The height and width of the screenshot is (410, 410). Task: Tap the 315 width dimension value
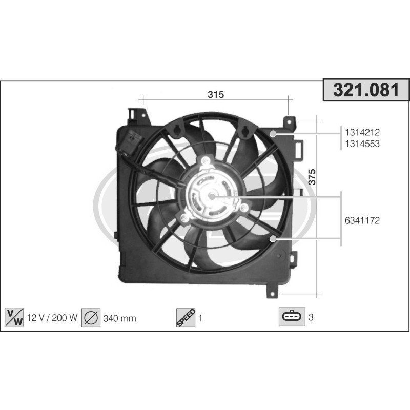(x=216, y=94)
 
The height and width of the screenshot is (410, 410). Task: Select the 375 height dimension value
(x=312, y=176)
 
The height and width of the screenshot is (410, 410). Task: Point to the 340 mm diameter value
(x=119, y=318)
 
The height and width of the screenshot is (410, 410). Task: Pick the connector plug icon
(x=292, y=317)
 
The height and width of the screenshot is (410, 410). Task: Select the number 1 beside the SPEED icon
(x=201, y=318)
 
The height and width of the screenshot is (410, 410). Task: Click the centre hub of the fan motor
(x=211, y=196)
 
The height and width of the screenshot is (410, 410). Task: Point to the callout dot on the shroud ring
(x=273, y=134)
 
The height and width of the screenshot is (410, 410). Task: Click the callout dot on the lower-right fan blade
(x=273, y=238)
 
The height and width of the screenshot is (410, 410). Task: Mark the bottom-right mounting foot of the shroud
(x=272, y=292)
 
